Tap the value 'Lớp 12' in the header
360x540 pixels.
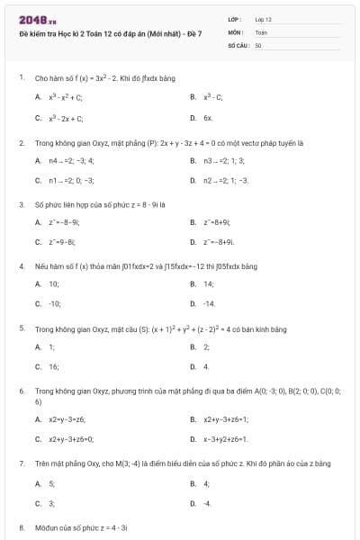click(263, 19)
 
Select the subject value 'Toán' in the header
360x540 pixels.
click(261, 31)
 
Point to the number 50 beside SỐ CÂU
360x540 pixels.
click(258, 43)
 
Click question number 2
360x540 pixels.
click(21, 142)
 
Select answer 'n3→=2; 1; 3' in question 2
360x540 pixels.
click(223, 159)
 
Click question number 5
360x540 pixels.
click(21, 328)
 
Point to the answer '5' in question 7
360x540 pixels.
click(51, 483)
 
